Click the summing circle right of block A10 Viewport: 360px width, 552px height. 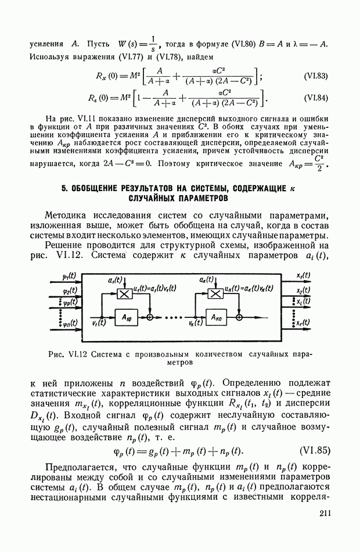[x=150, y=318]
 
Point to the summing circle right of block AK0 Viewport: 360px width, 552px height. [x=240, y=318]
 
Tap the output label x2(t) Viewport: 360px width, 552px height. [x=303, y=291]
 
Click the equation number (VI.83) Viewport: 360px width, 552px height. [x=316, y=77]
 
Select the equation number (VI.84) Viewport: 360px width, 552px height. [x=316, y=98]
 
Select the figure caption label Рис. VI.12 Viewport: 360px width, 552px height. [x=69, y=353]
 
